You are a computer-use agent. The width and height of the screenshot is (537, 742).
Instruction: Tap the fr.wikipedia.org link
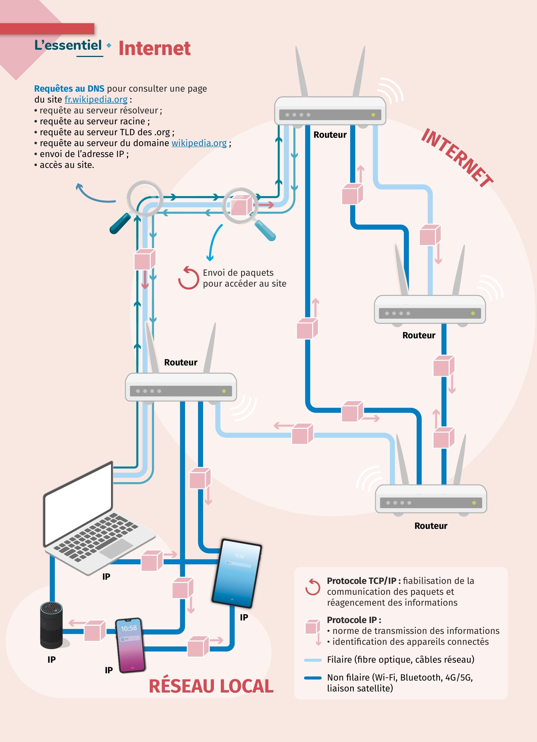click(x=96, y=99)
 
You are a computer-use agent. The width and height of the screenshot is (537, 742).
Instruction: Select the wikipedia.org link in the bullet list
click(x=199, y=143)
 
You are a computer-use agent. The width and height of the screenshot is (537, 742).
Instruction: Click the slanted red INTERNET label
click(x=457, y=157)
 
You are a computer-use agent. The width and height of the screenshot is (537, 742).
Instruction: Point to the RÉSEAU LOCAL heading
click(x=211, y=686)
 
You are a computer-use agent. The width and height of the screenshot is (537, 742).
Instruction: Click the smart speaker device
click(x=51, y=625)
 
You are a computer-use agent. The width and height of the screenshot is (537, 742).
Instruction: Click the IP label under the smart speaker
click(x=51, y=660)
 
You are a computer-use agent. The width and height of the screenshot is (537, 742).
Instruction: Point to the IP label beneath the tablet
click(x=244, y=617)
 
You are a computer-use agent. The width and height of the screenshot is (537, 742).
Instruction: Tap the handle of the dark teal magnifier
click(x=120, y=223)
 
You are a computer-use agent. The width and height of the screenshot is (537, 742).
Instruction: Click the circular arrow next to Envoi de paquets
click(x=189, y=278)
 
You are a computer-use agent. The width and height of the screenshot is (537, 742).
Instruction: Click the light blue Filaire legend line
click(x=313, y=660)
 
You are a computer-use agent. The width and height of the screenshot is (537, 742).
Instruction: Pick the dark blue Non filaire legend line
click(x=313, y=678)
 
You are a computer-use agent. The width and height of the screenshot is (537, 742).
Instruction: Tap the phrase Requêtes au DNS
click(x=69, y=89)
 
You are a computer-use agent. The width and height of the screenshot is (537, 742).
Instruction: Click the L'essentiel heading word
click(x=68, y=45)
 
